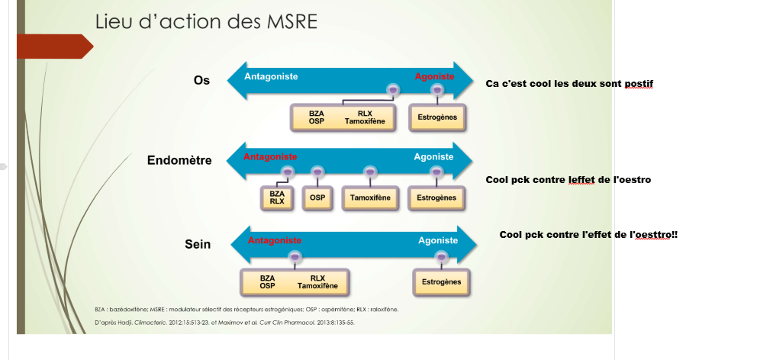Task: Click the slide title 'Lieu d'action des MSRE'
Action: pos(206,21)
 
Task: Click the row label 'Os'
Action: pos(201,80)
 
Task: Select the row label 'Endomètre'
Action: pos(179,160)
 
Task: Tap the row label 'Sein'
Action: pos(198,245)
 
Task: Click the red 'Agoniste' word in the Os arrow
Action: pos(434,76)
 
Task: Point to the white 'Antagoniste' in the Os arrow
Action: pos(271,76)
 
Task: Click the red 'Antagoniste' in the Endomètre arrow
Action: pos(269,156)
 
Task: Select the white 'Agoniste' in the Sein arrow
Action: pos(438,240)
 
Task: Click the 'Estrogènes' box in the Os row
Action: pos(438,117)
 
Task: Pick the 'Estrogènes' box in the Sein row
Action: pos(441,281)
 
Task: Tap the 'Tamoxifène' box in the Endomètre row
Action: pos(370,198)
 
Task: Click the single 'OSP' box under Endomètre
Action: pos(317,198)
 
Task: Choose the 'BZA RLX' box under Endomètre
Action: pos(277,198)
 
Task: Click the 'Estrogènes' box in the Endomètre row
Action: pos(436,198)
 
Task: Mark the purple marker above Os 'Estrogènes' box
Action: pos(437,91)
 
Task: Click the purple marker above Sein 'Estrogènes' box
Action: pos(440,256)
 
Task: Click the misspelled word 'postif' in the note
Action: pos(639,83)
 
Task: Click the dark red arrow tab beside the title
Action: pos(53,47)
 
